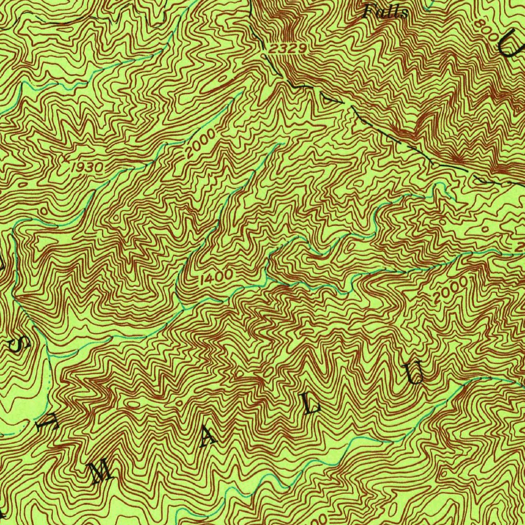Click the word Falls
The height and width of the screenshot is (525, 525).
[x=386, y=11]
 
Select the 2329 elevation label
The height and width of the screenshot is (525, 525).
[x=288, y=49]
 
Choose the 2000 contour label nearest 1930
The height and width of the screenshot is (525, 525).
[x=198, y=144]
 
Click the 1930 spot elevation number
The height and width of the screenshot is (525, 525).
[x=88, y=168]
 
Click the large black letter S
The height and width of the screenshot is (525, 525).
[x=17, y=345]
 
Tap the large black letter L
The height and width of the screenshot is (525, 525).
[x=312, y=405]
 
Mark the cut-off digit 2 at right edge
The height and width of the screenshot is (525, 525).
[x=520, y=248]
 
